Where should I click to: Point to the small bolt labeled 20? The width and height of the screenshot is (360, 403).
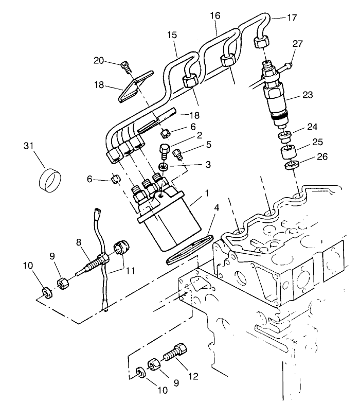click(125, 65)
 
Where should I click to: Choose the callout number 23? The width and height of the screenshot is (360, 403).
click(307, 95)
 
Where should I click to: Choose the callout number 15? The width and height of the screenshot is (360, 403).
click(172, 36)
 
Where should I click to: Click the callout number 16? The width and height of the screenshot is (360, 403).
click(215, 16)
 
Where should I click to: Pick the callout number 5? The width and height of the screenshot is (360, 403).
click(208, 145)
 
